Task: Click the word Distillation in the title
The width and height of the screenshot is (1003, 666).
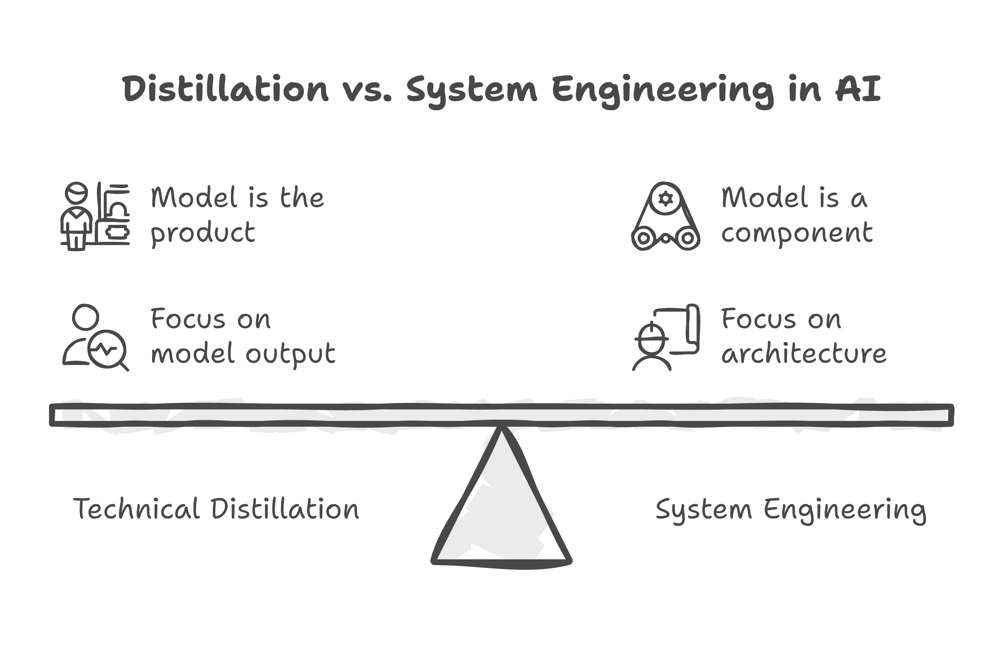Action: point(225,89)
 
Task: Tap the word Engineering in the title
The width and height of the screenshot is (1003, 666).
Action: point(663,90)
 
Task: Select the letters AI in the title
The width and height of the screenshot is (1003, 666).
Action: point(858,89)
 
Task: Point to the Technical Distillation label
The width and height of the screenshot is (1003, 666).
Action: point(216,509)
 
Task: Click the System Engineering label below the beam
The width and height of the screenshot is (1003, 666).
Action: point(791,510)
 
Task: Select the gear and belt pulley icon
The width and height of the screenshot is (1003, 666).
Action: point(665,217)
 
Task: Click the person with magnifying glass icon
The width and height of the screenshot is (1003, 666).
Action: point(95,338)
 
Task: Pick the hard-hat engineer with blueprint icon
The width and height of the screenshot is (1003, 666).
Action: point(665,338)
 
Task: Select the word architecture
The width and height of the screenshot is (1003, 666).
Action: point(804,354)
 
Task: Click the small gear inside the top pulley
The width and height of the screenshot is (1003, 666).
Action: point(665,198)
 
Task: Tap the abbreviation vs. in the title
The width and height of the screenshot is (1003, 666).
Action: point(366,90)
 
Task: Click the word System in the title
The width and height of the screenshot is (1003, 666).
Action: point(471,90)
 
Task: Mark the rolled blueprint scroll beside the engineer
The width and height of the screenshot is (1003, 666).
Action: point(692,329)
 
